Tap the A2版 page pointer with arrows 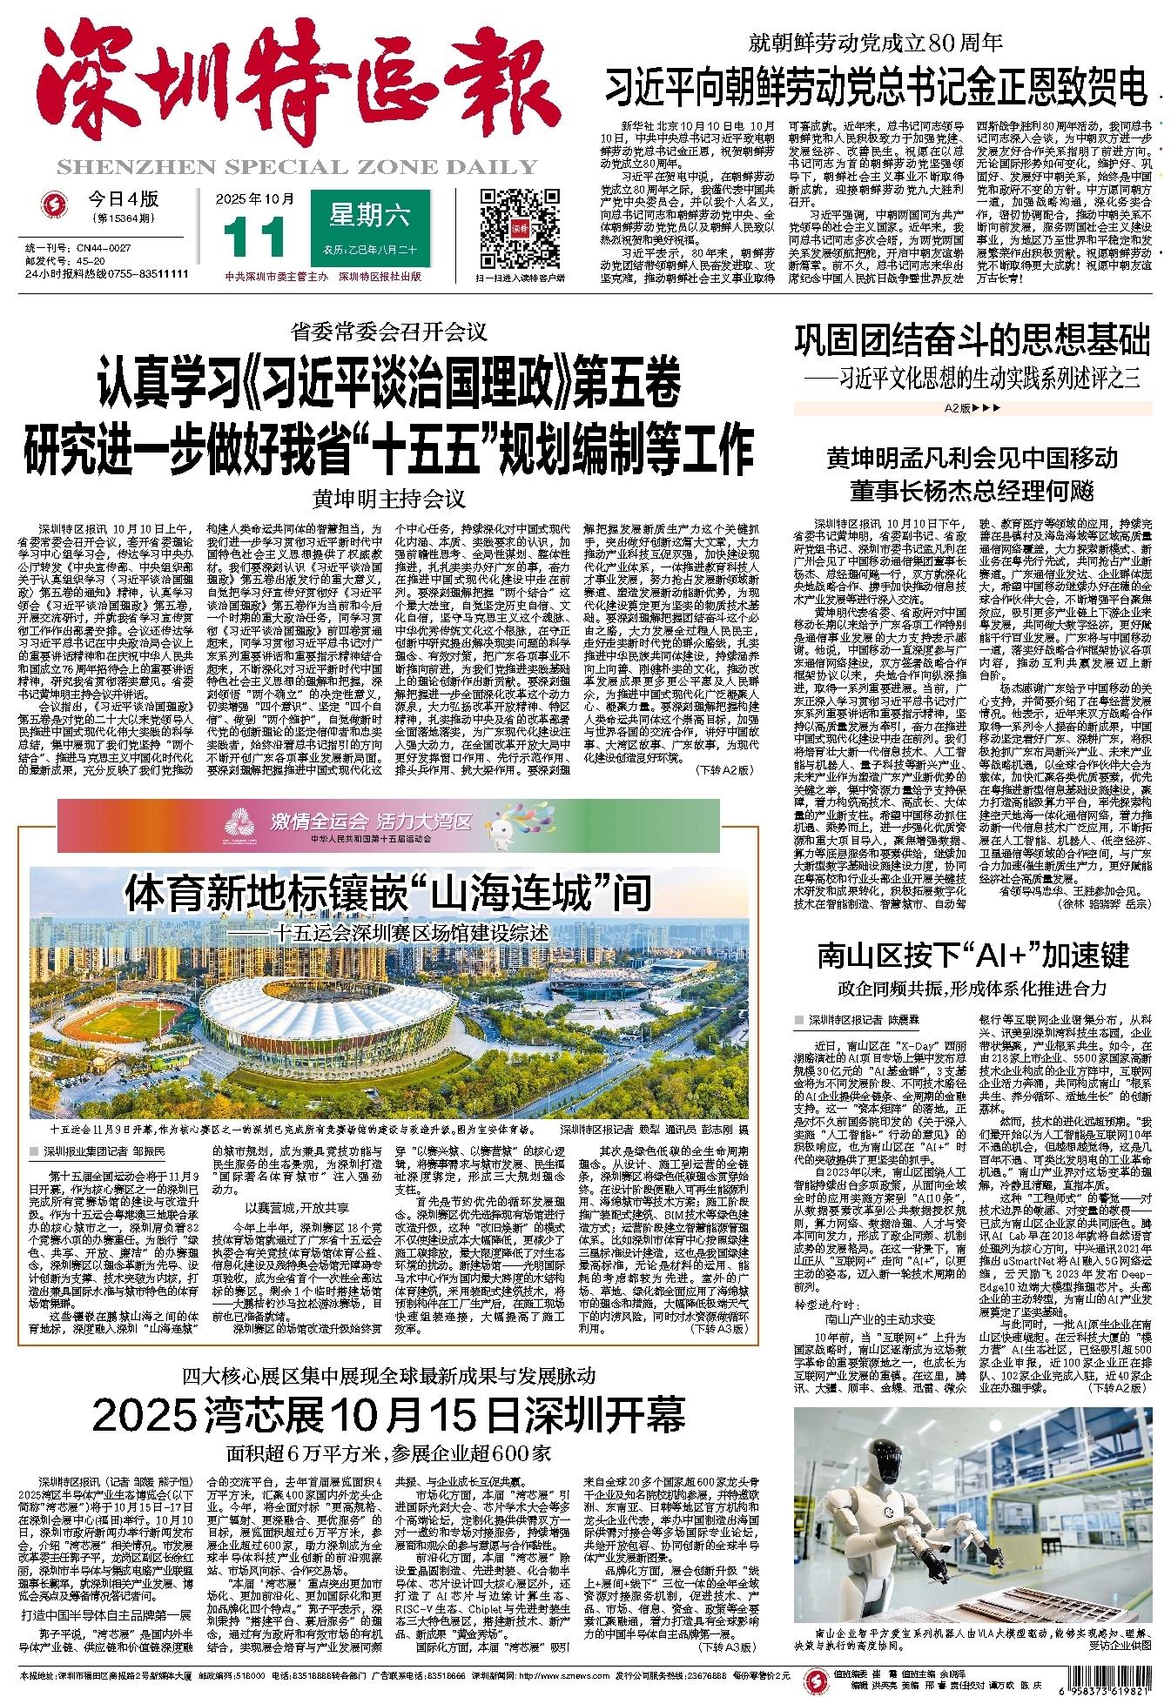(x=970, y=407)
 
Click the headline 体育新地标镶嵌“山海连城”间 (x=387, y=893)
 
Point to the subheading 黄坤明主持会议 (x=390, y=500)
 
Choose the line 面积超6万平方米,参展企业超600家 (x=388, y=1452)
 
